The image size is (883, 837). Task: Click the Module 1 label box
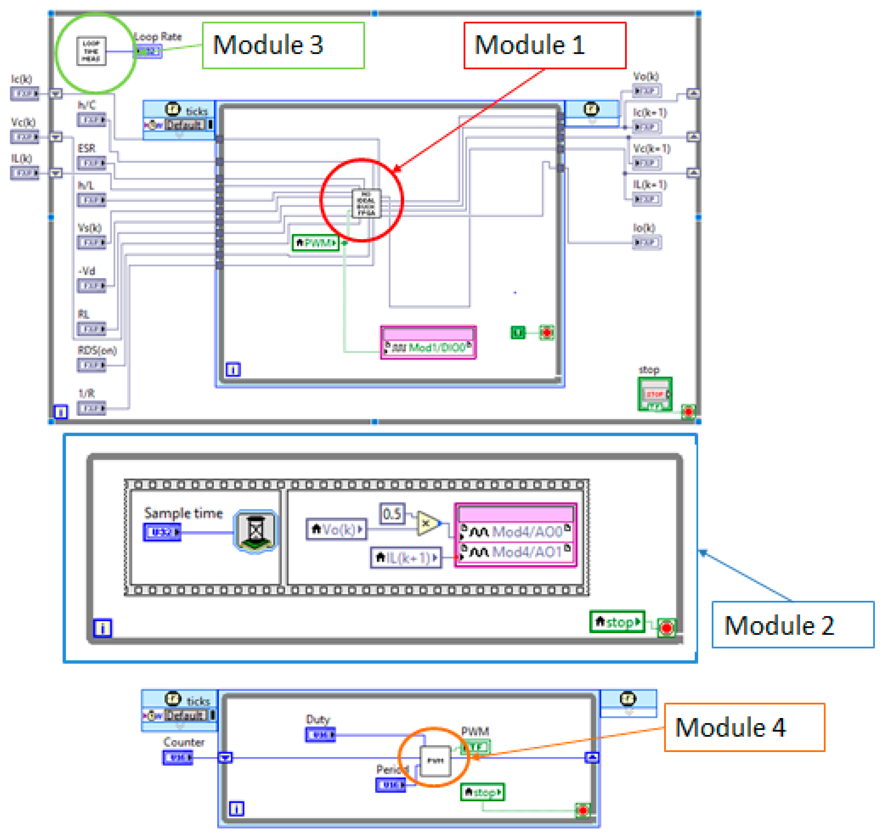(544, 45)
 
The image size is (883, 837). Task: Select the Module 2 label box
(792, 625)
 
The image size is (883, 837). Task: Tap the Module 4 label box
(744, 728)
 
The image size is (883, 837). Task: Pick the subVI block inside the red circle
(366, 204)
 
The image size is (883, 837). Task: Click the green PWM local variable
(316, 243)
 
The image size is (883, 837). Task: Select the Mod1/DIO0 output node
(428, 348)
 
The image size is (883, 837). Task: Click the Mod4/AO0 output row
(515, 532)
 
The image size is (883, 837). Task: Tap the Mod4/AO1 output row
(515, 552)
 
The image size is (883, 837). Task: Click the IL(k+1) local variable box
(406, 558)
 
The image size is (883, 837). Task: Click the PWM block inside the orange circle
(435, 761)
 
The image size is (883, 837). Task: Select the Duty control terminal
(320, 734)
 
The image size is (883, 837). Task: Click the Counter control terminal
(178, 758)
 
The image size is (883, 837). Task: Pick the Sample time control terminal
(162, 532)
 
